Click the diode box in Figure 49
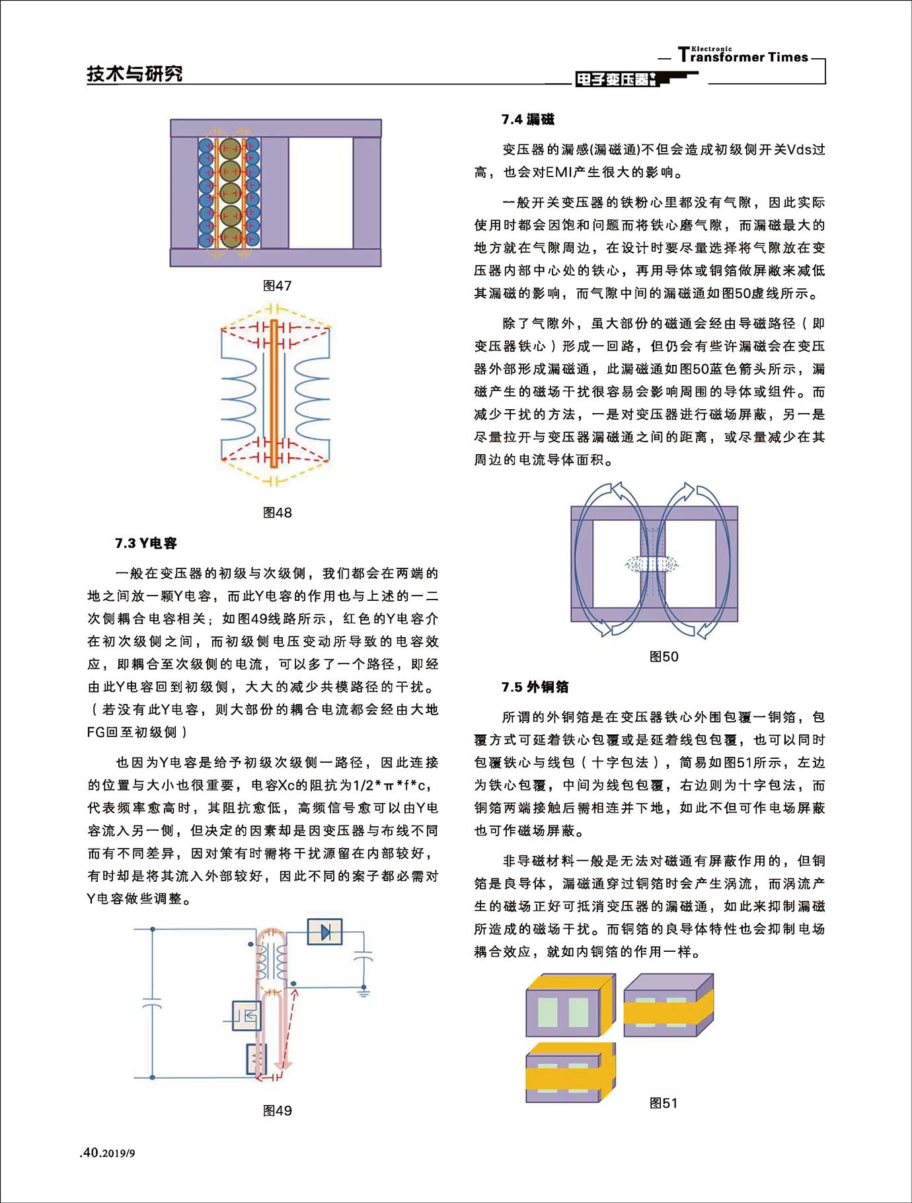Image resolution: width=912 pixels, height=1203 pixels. tap(324, 931)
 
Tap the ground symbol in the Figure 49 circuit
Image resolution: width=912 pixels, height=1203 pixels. tap(363, 991)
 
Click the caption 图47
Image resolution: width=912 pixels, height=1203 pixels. tap(277, 286)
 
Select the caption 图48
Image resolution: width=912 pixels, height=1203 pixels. tap(277, 512)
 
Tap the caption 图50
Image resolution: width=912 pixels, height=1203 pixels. tap(664, 656)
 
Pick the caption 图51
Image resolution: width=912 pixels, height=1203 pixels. tap(664, 1103)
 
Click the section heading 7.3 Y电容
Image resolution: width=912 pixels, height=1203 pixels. tap(146, 543)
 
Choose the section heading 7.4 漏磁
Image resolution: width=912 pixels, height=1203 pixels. tap(528, 120)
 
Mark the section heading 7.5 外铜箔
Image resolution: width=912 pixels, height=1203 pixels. tap(535, 687)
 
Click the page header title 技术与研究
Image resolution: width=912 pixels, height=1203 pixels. tap(135, 74)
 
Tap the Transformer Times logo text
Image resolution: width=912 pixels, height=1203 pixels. tap(743, 56)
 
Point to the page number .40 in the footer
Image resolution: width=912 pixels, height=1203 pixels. tap(90, 1153)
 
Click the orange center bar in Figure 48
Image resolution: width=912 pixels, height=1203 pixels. tap(272, 393)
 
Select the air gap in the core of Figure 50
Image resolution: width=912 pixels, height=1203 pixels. tap(652, 564)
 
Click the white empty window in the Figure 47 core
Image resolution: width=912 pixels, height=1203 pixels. tap(321, 192)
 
